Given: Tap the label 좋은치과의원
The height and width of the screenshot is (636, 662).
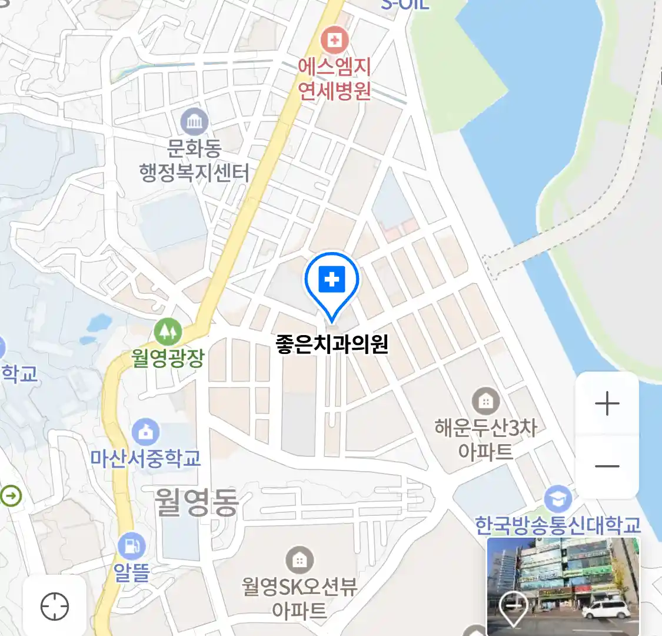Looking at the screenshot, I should pyautogui.click(x=332, y=344).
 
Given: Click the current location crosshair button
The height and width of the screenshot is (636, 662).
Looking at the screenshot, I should pyautogui.click(x=55, y=606).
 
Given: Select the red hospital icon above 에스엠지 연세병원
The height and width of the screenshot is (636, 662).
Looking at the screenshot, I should pyautogui.click(x=334, y=40).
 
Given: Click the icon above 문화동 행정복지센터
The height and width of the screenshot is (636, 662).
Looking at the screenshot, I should pyautogui.click(x=194, y=122).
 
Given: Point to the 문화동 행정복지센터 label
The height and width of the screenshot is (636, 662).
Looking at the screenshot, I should pyautogui.click(x=194, y=160).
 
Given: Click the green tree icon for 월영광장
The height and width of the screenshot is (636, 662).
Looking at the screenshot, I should pyautogui.click(x=168, y=332).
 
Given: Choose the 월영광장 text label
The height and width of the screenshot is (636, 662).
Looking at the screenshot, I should pyautogui.click(x=168, y=357).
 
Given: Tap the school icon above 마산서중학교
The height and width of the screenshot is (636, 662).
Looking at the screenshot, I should pyautogui.click(x=145, y=432).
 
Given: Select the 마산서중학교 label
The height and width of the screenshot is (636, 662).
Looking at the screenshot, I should pyautogui.click(x=145, y=458).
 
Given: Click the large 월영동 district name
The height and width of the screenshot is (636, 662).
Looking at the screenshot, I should pyautogui.click(x=197, y=502).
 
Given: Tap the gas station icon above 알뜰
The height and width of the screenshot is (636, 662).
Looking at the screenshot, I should pyautogui.click(x=132, y=546).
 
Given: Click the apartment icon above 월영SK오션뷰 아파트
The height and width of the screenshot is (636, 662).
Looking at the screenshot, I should pyautogui.click(x=300, y=559).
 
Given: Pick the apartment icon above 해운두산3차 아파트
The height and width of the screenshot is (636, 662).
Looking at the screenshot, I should pyautogui.click(x=485, y=402).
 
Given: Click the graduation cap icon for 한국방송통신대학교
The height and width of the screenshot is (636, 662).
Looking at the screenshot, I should pyautogui.click(x=557, y=499).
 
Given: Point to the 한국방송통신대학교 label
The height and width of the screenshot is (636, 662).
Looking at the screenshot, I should pyautogui.click(x=557, y=525).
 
